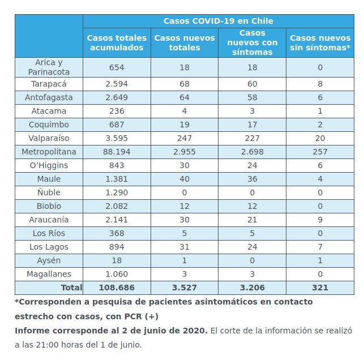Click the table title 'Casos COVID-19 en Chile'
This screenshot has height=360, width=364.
(x=219, y=21)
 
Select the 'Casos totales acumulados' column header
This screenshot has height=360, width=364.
(x=117, y=43)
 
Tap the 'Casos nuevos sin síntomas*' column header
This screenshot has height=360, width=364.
(x=320, y=43)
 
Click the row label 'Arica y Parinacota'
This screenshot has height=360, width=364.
(x=49, y=67)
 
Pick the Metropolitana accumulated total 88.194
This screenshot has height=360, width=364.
(x=117, y=152)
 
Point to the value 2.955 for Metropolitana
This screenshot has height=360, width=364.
(x=185, y=152)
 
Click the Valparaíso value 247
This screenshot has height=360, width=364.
(x=185, y=138)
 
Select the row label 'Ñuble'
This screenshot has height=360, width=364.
(x=49, y=192)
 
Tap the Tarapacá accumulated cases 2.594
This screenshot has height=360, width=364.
(x=117, y=84)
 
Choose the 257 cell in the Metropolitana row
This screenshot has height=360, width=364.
(x=320, y=152)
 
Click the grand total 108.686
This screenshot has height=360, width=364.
(x=117, y=288)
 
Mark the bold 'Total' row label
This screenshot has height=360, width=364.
(x=71, y=288)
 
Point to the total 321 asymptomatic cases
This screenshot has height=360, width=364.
(x=320, y=288)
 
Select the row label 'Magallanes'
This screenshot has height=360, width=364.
(x=49, y=274)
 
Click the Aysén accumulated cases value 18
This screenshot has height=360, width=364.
(x=117, y=260)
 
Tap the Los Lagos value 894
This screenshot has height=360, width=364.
(x=117, y=247)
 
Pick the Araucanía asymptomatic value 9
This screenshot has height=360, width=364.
(x=320, y=220)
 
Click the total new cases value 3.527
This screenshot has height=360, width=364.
(x=185, y=288)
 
